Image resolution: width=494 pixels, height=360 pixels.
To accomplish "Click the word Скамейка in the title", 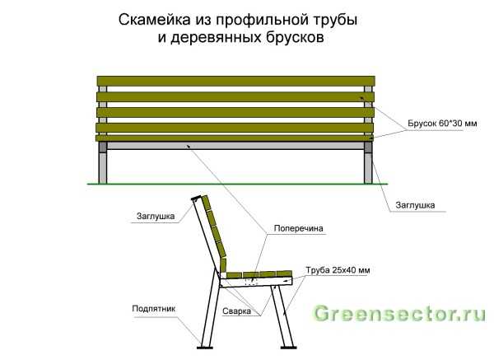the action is (155, 20).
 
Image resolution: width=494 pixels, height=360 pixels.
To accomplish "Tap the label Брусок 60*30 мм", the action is (442, 124).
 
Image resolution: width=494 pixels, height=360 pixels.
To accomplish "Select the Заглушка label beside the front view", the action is (415, 205).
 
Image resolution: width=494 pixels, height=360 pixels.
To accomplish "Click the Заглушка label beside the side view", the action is (156, 217).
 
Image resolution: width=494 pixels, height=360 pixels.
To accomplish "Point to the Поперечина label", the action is (298, 228).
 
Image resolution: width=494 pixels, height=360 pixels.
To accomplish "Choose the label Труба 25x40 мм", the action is (338, 270).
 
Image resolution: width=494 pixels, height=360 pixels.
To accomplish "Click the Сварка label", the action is (236, 311).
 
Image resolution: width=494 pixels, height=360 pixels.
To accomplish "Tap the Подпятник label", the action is (153, 309).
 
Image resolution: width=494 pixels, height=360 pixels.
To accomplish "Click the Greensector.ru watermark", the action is (399, 314).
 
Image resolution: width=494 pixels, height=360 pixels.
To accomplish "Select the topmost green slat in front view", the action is (236, 81).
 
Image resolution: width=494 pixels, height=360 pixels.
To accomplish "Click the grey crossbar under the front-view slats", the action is (235, 145).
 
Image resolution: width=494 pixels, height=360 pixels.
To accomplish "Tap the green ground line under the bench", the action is (238, 184).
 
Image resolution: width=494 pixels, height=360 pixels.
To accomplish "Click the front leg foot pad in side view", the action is (289, 348).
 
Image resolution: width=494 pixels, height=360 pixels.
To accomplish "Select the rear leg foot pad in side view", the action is (205, 348).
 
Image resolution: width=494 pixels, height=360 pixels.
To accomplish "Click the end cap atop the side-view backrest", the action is (196, 199).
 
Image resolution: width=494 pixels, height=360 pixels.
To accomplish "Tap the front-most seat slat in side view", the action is (284, 274).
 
